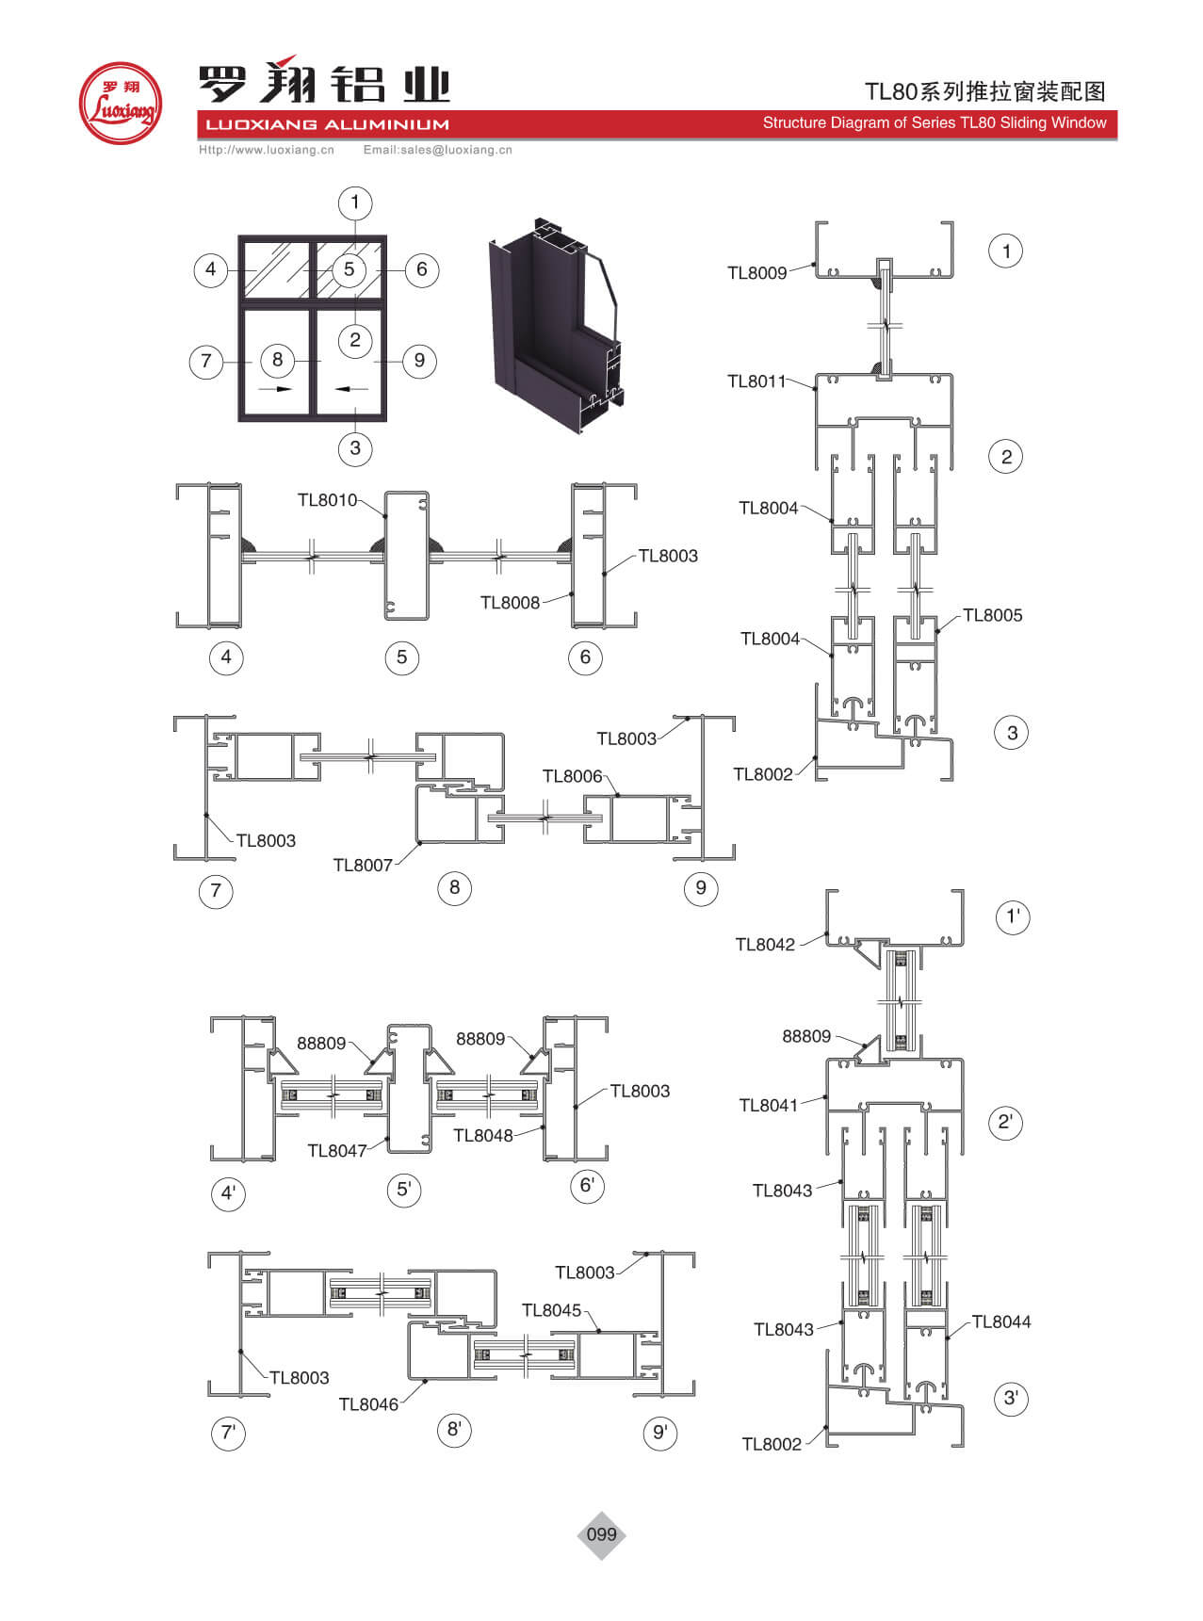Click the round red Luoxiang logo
point(120,104)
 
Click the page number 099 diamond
point(601,1534)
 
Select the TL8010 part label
point(327,500)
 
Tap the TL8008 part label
point(510,603)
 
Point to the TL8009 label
point(756,273)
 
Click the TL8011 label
point(756,381)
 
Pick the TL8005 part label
point(992,615)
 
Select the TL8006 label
point(572,776)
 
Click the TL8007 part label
point(363,865)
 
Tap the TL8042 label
point(765,945)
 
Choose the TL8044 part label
point(1000,1321)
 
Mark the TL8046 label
point(368,1404)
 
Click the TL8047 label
point(336,1150)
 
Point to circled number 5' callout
point(403,1189)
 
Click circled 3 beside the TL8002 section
point(1012,733)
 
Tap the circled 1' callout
point(1013,916)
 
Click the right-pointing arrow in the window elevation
point(277,388)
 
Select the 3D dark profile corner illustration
point(556,325)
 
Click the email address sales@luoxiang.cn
point(437,150)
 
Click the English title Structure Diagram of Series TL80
point(934,123)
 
